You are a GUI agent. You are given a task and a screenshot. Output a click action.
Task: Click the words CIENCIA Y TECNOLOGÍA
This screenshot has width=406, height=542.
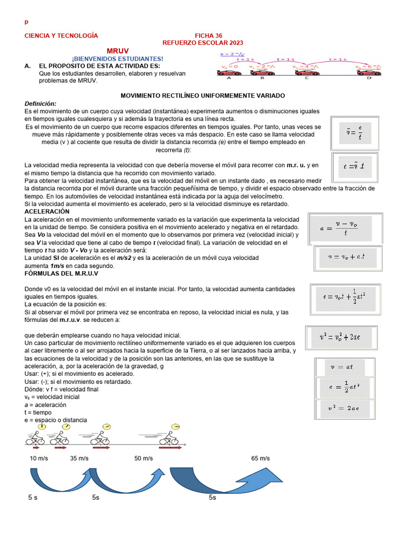(x=61, y=35)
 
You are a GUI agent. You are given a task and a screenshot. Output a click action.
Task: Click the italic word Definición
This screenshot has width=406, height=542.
(x=40, y=103)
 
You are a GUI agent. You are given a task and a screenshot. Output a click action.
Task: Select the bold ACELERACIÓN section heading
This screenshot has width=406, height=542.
(x=48, y=211)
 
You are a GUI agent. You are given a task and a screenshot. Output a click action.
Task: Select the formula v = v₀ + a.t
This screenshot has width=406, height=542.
(x=347, y=257)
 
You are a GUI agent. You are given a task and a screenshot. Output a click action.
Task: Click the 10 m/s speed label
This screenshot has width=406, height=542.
(x=39, y=458)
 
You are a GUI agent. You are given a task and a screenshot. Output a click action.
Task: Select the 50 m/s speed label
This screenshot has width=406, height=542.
(x=144, y=458)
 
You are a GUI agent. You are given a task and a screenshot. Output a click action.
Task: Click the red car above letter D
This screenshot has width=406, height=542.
(x=368, y=72)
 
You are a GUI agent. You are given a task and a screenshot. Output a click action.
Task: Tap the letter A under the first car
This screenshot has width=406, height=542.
(x=229, y=78)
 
